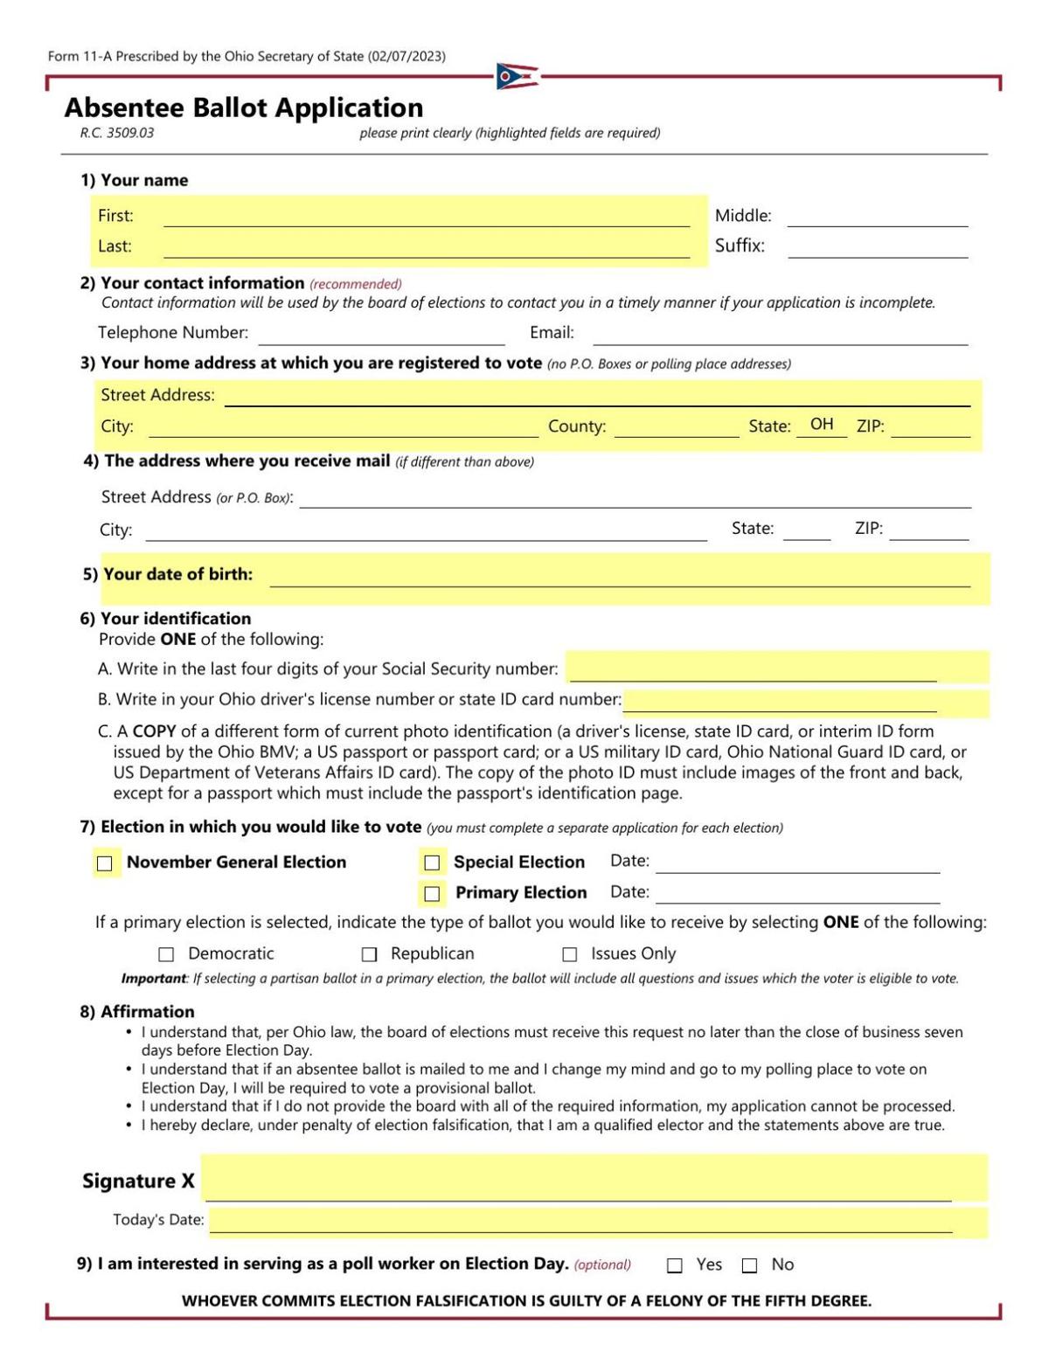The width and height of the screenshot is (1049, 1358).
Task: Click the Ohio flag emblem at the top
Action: (517, 77)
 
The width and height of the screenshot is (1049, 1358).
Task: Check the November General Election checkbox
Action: (105, 863)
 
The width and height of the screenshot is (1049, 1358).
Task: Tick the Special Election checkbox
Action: (432, 863)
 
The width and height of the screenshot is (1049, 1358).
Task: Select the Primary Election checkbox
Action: (432, 893)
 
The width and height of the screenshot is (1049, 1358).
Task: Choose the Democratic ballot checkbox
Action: (166, 954)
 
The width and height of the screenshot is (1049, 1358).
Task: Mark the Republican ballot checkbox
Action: (370, 954)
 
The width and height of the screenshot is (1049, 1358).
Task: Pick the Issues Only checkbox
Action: (570, 954)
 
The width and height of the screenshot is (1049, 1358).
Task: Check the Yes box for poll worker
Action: (674, 1265)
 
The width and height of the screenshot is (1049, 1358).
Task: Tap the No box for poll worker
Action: (749, 1265)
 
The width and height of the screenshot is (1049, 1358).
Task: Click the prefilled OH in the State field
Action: (822, 425)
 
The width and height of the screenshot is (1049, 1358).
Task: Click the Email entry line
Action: (780, 334)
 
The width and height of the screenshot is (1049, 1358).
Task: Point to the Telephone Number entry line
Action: (381, 334)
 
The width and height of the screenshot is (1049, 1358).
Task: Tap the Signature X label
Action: (138, 1181)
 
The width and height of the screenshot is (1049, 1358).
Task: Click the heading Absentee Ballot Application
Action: (244, 107)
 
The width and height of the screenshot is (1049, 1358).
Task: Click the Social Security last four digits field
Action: (753, 669)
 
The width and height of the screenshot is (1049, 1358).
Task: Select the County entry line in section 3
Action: (676, 426)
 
